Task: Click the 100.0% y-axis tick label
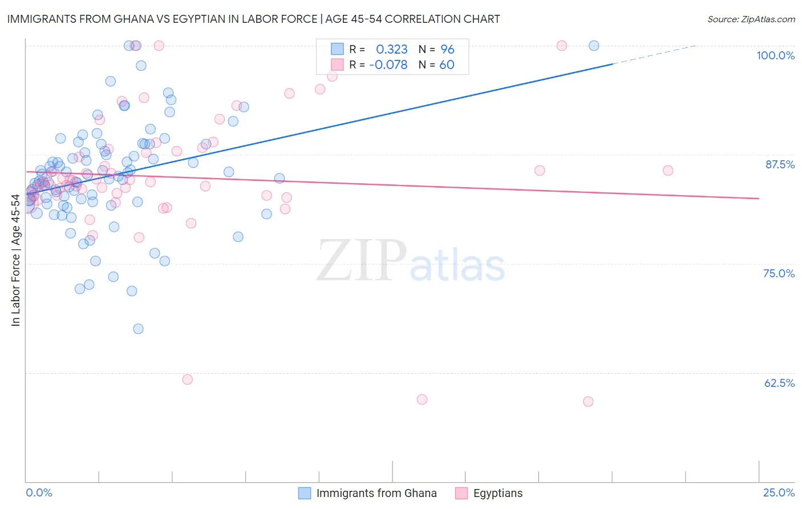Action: click(775, 55)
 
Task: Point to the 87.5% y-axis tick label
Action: click(780, 164)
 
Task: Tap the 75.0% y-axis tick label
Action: click(779, 273)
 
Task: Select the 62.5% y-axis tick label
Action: click(779, 383)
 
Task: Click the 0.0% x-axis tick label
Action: click(39, 492)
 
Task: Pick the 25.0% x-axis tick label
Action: click(779, 492)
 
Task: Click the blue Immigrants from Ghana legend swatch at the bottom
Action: click(305, 493)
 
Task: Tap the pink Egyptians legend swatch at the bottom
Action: click(461, 493)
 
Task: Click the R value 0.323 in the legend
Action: click(391, 50)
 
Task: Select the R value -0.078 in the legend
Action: click(388, 65)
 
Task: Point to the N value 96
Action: click(447, 50)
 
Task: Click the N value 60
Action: click(447, 65)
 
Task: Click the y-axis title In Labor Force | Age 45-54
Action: click(16, 260)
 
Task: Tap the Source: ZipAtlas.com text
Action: click(751, 19)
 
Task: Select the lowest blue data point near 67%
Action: click(138, 329)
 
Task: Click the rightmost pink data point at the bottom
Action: click(588, 402)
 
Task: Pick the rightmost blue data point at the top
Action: click(594, 46)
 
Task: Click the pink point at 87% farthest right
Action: click(668, 171)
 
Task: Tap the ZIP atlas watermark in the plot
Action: click(411, 261)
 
